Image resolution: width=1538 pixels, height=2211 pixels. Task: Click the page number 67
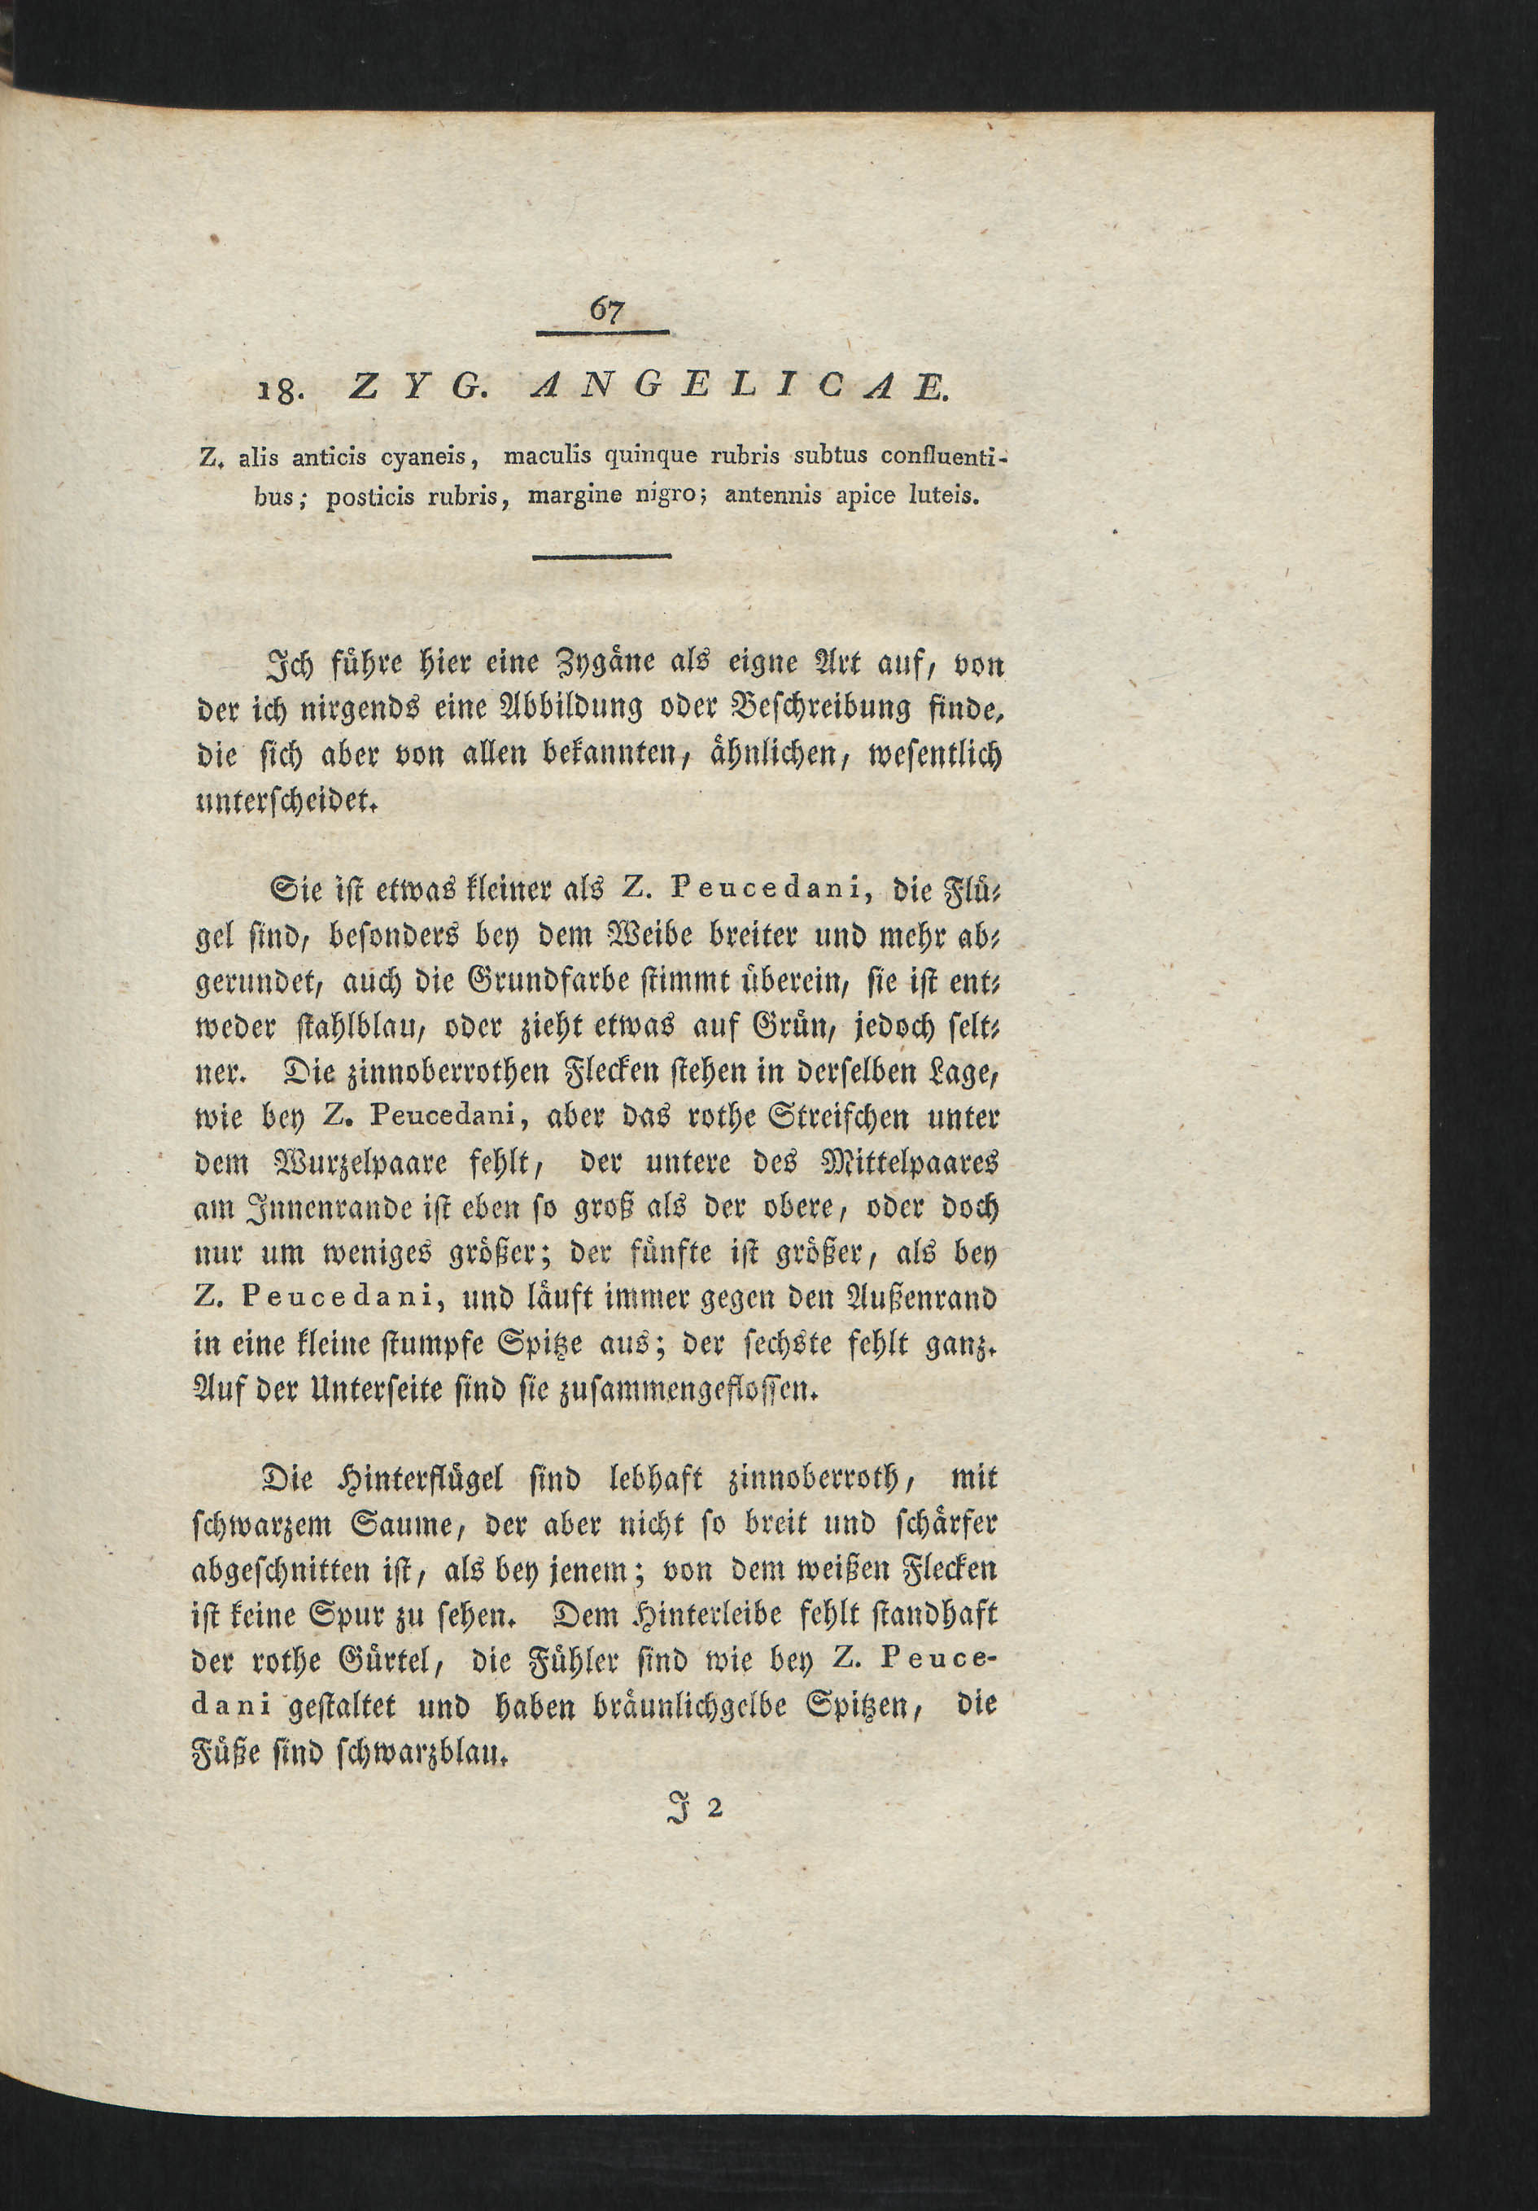pyautogui.click(x=605, y=309)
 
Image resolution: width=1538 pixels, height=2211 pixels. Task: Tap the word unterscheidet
pyautogui.click(x=284, y=802)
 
